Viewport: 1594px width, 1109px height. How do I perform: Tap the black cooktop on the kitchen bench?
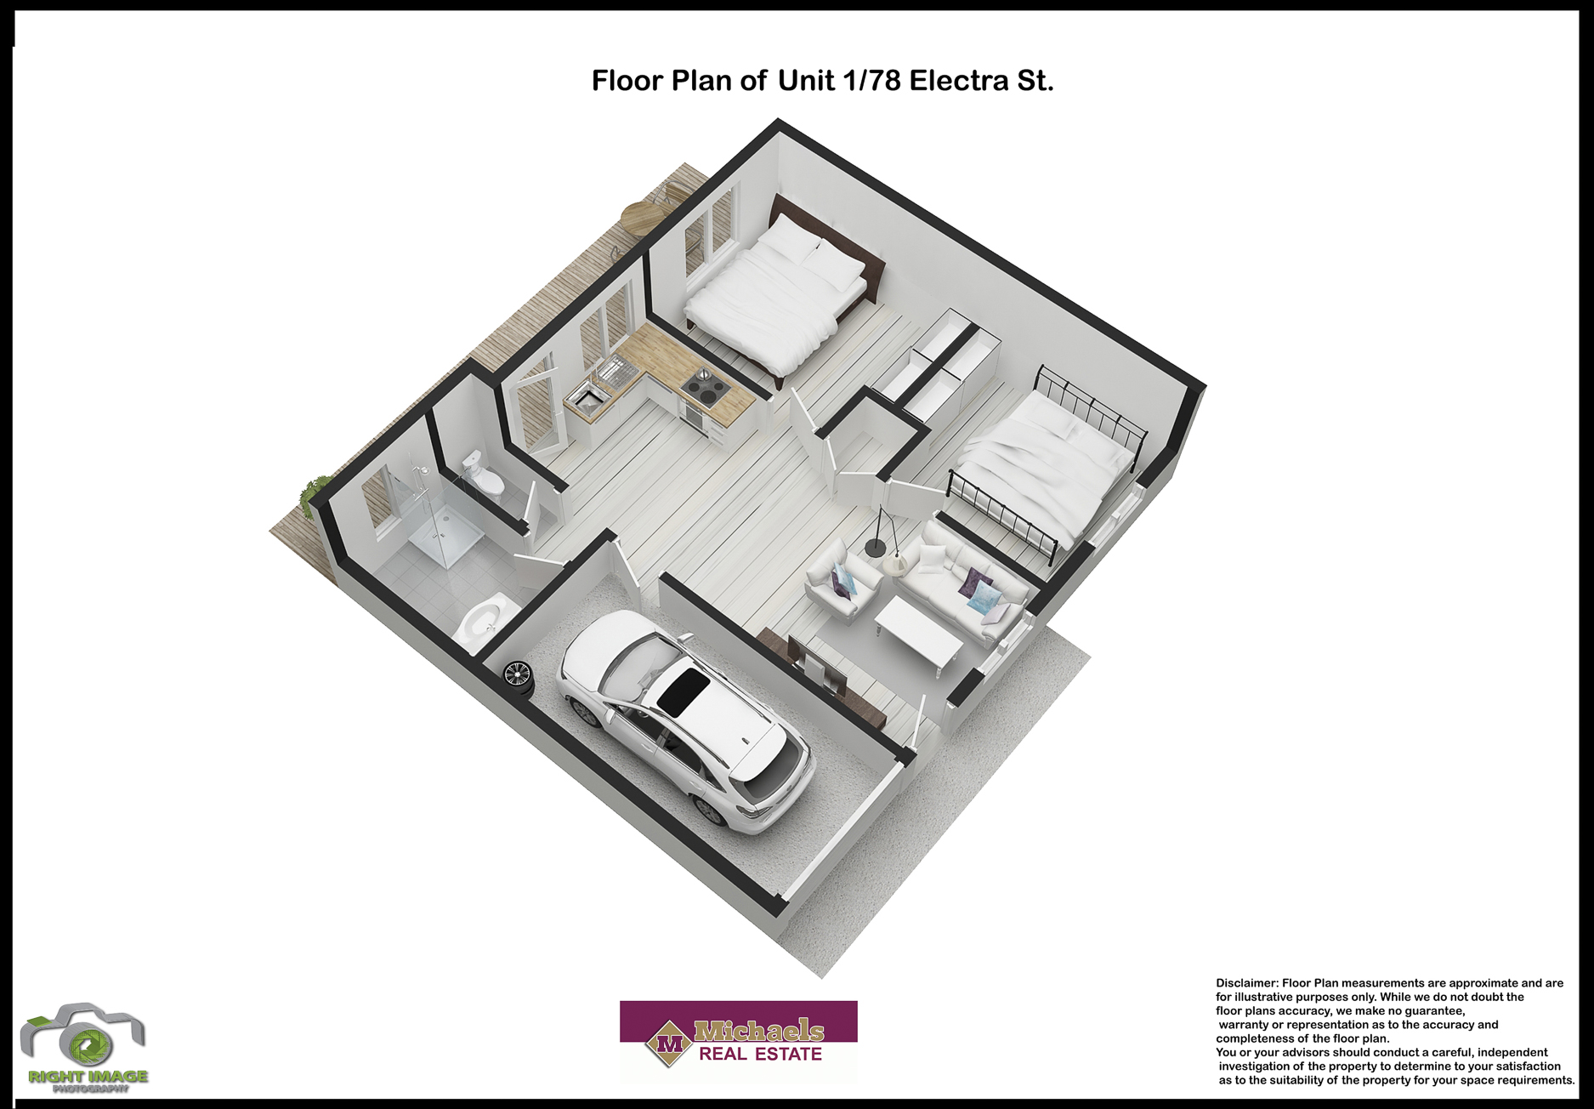click(705, 390)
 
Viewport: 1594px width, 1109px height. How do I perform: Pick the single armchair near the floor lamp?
click(842, 583)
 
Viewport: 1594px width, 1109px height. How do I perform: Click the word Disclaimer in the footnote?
click(1245, 983)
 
